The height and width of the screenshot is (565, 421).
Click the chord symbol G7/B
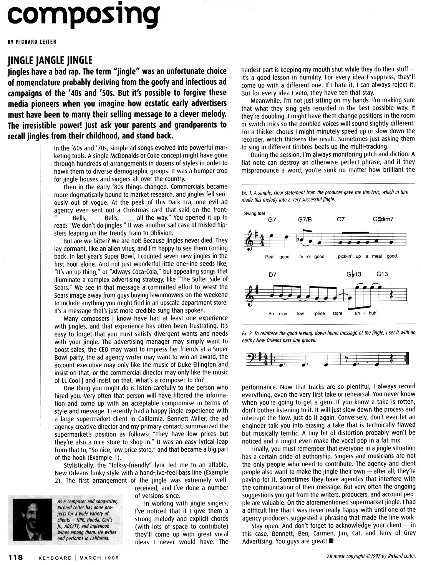pos(305,220)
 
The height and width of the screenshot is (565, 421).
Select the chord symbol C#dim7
pos(383,220)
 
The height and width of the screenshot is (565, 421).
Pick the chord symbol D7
pos(273,275)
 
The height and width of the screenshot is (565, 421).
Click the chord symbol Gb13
pos(353,275)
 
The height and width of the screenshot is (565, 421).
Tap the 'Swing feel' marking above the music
pos(255,213)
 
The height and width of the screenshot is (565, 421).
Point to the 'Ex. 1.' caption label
pos(247,192)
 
